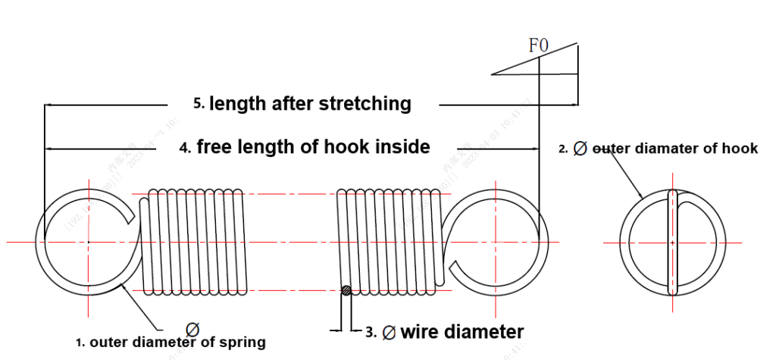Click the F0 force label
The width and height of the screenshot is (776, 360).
click(538, 45)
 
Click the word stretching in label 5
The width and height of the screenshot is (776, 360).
click(362, 103)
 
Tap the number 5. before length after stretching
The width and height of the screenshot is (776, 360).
click(199, 105)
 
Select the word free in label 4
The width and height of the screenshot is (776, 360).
click(215, 146)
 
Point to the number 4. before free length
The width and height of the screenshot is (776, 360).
click(185, 149)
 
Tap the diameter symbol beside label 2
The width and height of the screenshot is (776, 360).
click(580, 149)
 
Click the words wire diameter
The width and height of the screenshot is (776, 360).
click(462, 332)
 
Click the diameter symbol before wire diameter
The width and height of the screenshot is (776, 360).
click(390, 332)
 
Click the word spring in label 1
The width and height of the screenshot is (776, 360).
click(241, 343)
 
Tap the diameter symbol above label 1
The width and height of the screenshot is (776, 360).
click(192, 329)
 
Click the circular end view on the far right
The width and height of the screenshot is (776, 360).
click(671, 242)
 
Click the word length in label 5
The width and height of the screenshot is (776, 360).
click(238, 103)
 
